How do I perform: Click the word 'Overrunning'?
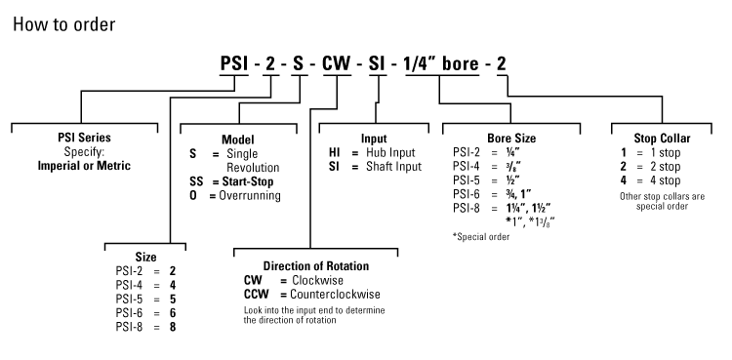pos(249,196)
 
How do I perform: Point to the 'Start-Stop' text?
pos(246,181)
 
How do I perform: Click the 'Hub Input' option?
pos(389,153)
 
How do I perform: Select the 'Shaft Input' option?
pos(393,167)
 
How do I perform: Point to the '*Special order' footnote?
pos(481,236)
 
